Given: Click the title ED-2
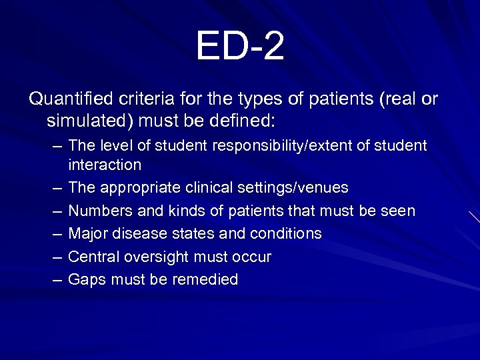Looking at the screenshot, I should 240,46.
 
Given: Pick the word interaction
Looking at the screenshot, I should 105,164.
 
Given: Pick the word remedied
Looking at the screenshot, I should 205,280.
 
